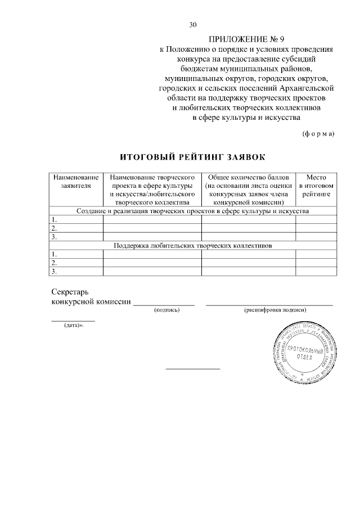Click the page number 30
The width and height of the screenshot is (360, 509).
pyautogui.click(x=193, y=25)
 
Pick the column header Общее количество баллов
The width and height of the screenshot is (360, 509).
pyautogui.click(x=249, y=189)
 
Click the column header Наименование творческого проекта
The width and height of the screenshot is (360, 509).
pyautogui.click(x=152, y=189)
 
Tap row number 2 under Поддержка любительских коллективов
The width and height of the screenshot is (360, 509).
pyautogui.click(x=55, y=263)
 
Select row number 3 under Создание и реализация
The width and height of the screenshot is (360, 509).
pyautogui.click(x=55, y=237)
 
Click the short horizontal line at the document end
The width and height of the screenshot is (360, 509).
pyautogui.click(x=192, y=369)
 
